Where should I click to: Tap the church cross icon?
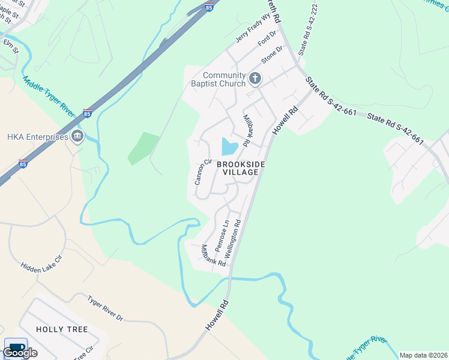(x=255, y=77)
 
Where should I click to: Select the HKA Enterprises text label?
(x=37, y=137)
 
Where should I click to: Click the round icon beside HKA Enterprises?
(x=77, y=137)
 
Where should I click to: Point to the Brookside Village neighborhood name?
(x=240, y=168)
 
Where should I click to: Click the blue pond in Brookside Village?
(x=229, y=146)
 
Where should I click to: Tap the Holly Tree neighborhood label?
(x=62, y=329)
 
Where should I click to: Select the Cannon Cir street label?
(x=203, y=172)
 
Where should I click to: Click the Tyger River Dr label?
(x=104, y=308)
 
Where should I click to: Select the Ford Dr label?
(x=265, y=41)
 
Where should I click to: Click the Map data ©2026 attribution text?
(x=423, y=355)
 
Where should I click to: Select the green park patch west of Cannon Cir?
(x=143, y=148)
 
